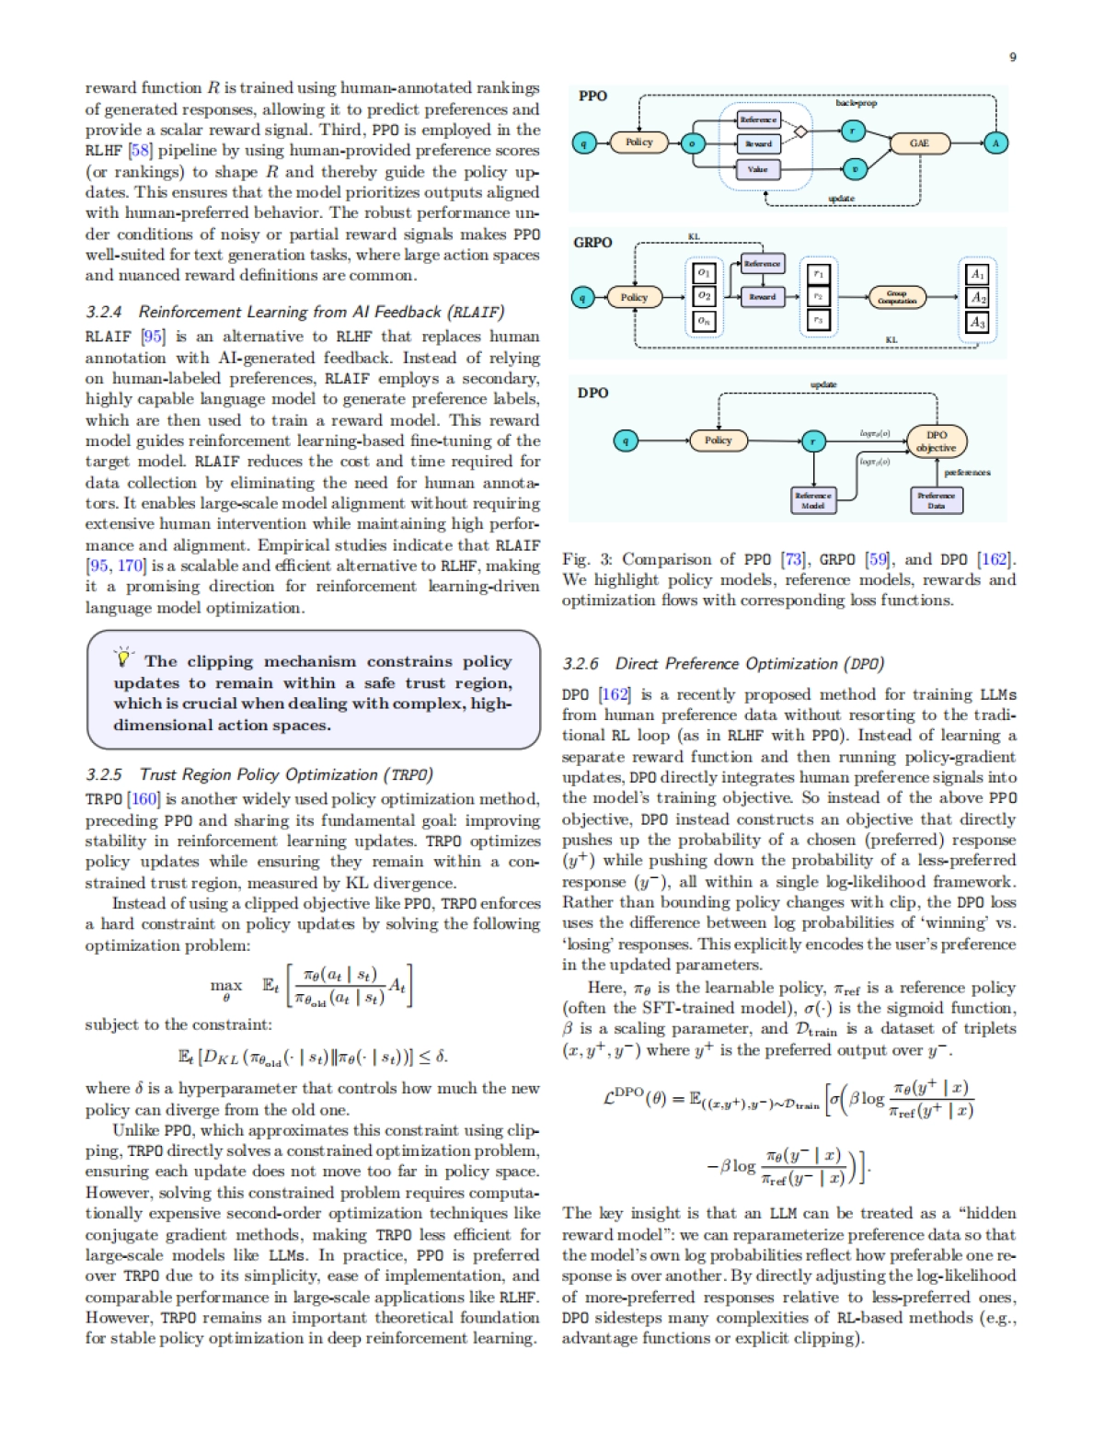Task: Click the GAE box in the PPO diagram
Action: (x=919, y=143)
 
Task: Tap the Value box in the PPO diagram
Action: (x=757, y=169)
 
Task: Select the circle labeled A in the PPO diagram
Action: (x=995, y=143)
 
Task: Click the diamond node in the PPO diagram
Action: (x=800, y=132)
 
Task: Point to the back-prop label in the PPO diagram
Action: (x=856, y=103)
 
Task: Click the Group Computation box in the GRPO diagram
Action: (x=897, y=297)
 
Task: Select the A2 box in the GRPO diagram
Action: (x=977, y=297)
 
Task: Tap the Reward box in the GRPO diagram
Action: (x=762, y=297)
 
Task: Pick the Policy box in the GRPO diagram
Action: (x=634, y=297)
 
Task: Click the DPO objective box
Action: (x=936, y=441)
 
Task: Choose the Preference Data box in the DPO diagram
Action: (x=936, y=500)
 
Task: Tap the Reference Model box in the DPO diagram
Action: (x=812, y=500)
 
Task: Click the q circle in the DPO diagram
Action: (x=626, y=440)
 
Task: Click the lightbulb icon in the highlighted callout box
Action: (x=123, y=657)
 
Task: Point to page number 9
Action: (x=1013, y=57)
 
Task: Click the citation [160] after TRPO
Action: (x=144, y=798)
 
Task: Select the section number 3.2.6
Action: (x=581, y=664)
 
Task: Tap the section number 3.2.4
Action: (x=104, y=312)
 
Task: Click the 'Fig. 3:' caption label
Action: (x=588, y=559)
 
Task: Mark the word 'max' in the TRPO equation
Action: (x=226, y=985)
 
